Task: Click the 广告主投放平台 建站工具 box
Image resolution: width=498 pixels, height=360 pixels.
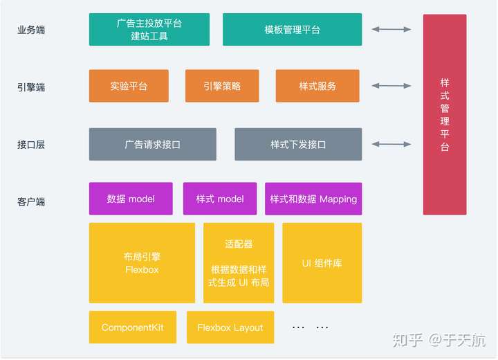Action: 149,29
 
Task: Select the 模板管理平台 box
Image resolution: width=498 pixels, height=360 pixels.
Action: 292,29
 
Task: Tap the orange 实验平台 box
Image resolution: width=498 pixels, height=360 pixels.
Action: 129,86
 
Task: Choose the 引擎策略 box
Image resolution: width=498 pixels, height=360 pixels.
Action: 222,86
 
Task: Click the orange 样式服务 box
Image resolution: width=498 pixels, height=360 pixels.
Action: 317,86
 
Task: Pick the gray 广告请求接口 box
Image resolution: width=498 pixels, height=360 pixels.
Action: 153,144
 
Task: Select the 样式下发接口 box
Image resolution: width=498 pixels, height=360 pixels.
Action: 298,144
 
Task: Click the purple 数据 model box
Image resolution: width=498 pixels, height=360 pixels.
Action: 131,199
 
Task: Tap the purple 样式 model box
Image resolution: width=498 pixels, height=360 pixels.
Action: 220,199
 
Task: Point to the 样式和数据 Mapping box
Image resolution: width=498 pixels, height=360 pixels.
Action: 313,199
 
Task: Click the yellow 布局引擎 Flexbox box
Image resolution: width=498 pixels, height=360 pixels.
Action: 142,263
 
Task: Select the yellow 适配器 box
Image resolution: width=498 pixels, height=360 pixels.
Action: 239,263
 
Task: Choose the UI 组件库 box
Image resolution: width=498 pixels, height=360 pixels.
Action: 322,263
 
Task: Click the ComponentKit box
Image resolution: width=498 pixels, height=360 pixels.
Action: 133,327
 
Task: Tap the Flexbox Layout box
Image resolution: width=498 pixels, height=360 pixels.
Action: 230,327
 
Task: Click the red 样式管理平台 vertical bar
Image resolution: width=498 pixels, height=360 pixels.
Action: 445,114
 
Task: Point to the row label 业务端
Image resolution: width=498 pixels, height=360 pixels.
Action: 31,30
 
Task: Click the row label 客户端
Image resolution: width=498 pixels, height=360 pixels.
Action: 31,201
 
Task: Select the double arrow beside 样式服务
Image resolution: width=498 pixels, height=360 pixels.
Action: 391,86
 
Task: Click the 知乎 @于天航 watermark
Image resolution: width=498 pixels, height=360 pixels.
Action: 439,341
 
